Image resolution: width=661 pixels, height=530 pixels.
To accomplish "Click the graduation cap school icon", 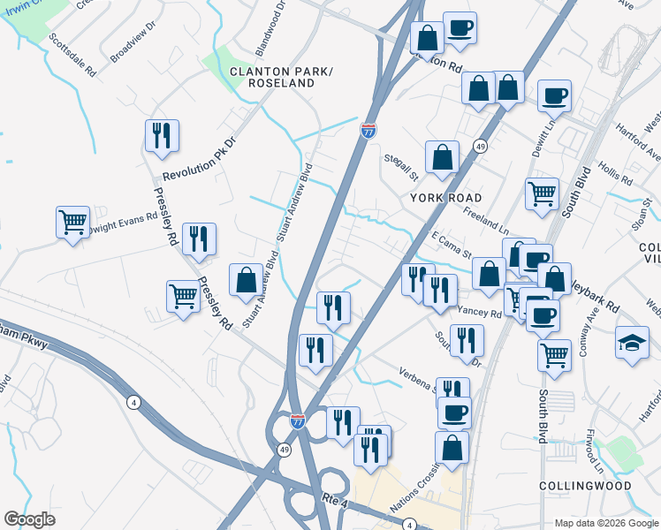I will click(633, 343).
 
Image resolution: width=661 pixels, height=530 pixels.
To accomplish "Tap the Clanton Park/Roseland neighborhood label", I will click(272, 76).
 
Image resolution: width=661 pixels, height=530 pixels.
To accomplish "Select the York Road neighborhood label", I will click(446, 198).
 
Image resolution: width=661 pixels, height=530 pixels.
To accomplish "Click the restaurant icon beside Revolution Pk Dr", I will click(162, 136).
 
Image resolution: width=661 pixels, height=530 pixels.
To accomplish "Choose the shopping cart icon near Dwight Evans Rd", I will click(72, 222).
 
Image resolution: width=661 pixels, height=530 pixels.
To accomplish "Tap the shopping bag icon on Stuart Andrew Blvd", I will click(246, 280).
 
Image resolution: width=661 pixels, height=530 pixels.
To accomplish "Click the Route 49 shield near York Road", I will click(479, 147).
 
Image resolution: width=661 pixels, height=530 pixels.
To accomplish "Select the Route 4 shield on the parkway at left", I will click(133, 402).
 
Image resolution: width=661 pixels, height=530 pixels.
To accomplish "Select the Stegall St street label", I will click(399, 163).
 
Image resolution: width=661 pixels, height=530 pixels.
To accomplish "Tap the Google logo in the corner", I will click(29, 519).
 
